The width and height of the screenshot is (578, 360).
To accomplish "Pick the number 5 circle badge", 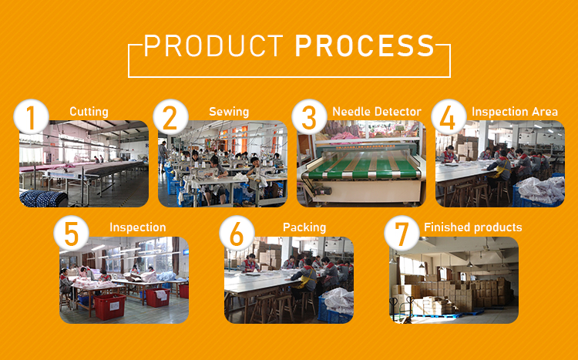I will (72, 234).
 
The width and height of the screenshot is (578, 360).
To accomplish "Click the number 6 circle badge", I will (237, 234).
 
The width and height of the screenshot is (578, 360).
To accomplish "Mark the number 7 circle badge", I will (402, 234).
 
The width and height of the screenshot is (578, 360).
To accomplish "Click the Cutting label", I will (89, 112).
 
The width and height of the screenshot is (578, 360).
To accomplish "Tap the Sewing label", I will (229, 112).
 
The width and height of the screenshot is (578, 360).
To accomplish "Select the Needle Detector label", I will (377, 112).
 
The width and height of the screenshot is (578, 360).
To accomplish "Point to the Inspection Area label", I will (515, 112).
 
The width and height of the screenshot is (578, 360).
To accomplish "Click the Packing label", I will (304, 227).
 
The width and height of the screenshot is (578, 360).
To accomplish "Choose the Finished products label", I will (472, 227).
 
